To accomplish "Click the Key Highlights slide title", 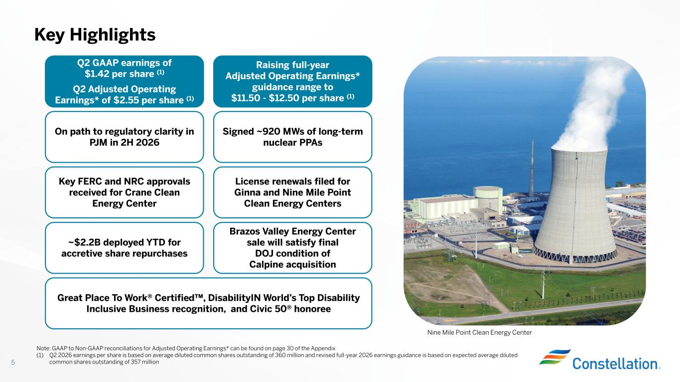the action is (x=95, y=35).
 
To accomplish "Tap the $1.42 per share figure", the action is (x=119, y=74).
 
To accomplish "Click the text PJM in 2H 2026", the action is (x=125, y=142).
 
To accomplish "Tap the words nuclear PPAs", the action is (x=292, y=142).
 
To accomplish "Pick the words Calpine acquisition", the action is (x=292, y=265).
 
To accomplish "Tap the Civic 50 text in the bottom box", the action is (x=271, y=309).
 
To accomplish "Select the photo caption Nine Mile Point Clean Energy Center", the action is (x=480, y=333).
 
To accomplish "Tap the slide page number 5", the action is (x=13, y=362).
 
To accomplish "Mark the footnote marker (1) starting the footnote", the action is (x=40, y=355).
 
